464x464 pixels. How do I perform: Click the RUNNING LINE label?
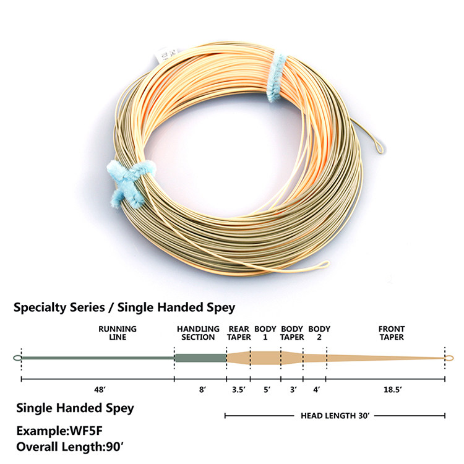click(117, 333)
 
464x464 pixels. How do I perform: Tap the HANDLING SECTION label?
click(198, 333)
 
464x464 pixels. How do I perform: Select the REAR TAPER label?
click(239, 333)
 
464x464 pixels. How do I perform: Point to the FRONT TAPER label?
click(392, 333)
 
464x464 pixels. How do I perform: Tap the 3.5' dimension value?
click(238, 390)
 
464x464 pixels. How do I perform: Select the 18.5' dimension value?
click(385, 390)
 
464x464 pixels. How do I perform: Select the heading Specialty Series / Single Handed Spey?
click(124, 306)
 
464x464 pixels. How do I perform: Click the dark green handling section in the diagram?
click(200, 358)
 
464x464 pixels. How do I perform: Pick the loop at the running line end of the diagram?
click(17, 358)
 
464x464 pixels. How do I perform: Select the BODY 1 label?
click(265, 333)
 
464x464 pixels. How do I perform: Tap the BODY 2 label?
click(319, 333)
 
